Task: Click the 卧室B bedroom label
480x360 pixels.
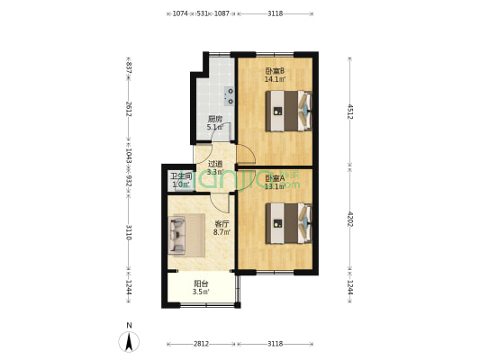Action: tap(275, 71)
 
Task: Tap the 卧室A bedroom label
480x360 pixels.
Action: tap(275, 178)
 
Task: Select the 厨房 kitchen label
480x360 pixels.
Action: tap(215, 119)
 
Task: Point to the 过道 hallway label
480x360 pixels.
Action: tap(215, 165)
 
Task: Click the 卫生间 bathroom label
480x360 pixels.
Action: tap(181, 177)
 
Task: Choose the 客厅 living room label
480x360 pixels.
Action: tap(222, 224)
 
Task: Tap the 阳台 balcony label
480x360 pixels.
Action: tap(201, 284)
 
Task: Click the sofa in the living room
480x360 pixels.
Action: tap(177, 236)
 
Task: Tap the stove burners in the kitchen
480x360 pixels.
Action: tap(229, 94)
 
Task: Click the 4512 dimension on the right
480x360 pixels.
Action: tap(350, 111)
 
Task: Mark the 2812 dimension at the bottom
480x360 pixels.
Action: tap(202, 343)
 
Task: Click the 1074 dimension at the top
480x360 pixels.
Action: tap(180, 13)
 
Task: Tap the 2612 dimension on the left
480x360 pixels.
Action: tap(129, 110)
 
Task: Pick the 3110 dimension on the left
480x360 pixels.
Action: tap(129, 232)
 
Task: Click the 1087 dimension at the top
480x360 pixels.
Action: tap(222, 13)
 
